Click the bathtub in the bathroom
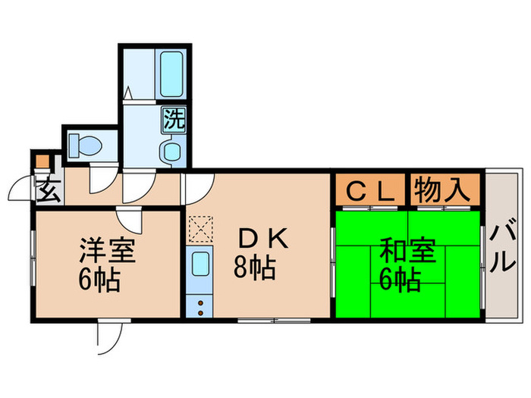click(171, 74)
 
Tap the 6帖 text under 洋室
click(99, 281)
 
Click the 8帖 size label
click(254, 268)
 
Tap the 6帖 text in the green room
click(400, 281)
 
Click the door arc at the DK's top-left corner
click(198, 186)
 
